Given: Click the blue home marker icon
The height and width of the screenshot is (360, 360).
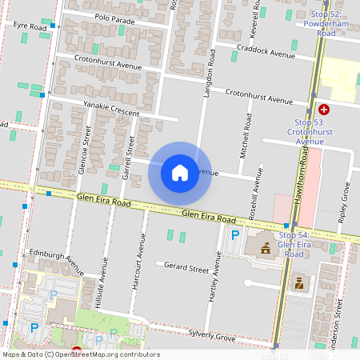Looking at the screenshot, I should pos(180,173).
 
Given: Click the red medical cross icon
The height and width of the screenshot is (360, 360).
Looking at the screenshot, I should pos(323,109).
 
